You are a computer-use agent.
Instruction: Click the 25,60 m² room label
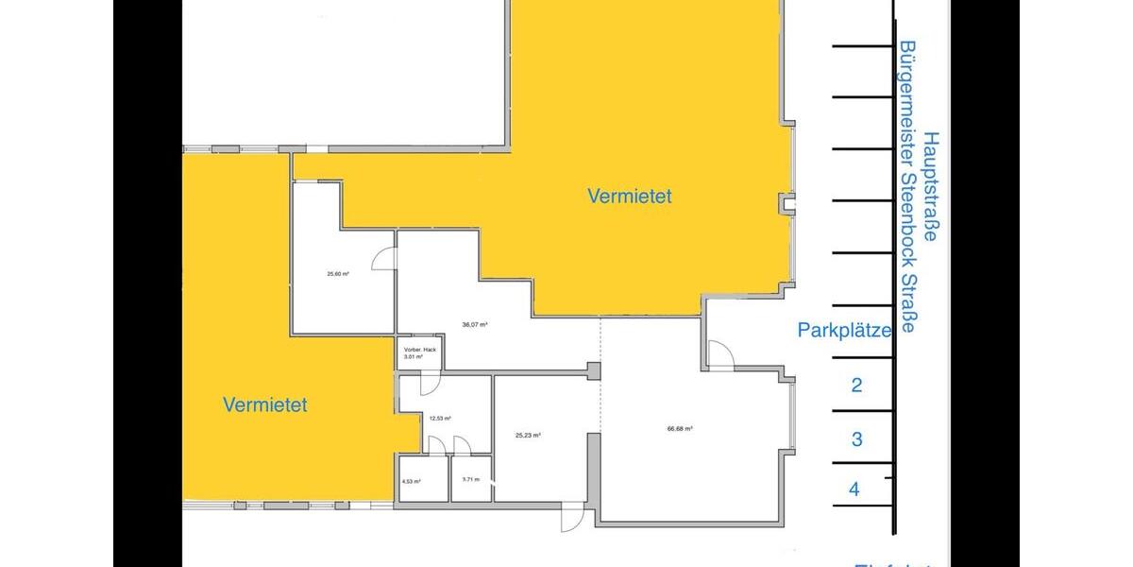[x=338, y=274]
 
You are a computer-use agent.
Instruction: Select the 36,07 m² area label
[x=475, y=324]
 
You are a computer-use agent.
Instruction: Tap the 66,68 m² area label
[x=680, y=428]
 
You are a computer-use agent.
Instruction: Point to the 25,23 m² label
[x=528, y=436]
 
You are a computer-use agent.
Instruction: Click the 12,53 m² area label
[x=440, y=418]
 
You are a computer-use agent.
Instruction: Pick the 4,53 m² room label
[x=411, y=481]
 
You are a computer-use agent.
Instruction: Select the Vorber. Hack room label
[x=418, y=351]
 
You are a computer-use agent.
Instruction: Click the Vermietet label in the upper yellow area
[x=630, y=196]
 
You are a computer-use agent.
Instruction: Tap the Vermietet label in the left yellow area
[x=265, y=404]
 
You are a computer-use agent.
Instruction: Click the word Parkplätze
[x=844, y=331]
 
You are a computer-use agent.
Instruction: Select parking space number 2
[x=856, y=385]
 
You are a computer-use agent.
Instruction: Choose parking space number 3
[x=856, y=438]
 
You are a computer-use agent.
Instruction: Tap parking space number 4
[x=854, y=490]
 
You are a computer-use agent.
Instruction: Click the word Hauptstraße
[x=931, y=186]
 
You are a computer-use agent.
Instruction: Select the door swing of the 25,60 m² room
[x=384, y=258]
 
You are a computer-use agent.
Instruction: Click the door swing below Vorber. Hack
[x=426, y=382]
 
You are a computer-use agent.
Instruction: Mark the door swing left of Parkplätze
[x=720, y=354]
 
